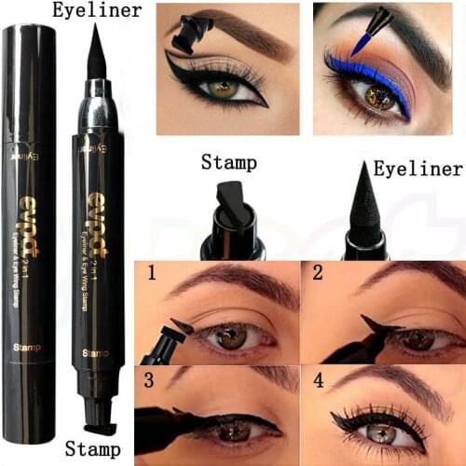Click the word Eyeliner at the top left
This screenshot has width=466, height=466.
click(x=98, y=11)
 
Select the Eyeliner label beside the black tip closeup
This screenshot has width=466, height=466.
click(x=417, y=170)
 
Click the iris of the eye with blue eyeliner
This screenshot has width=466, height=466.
click(x=377, y=97)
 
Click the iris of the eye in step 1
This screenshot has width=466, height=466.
click(x=227, y=335)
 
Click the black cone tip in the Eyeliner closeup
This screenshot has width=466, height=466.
click(x=364, y=205)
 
